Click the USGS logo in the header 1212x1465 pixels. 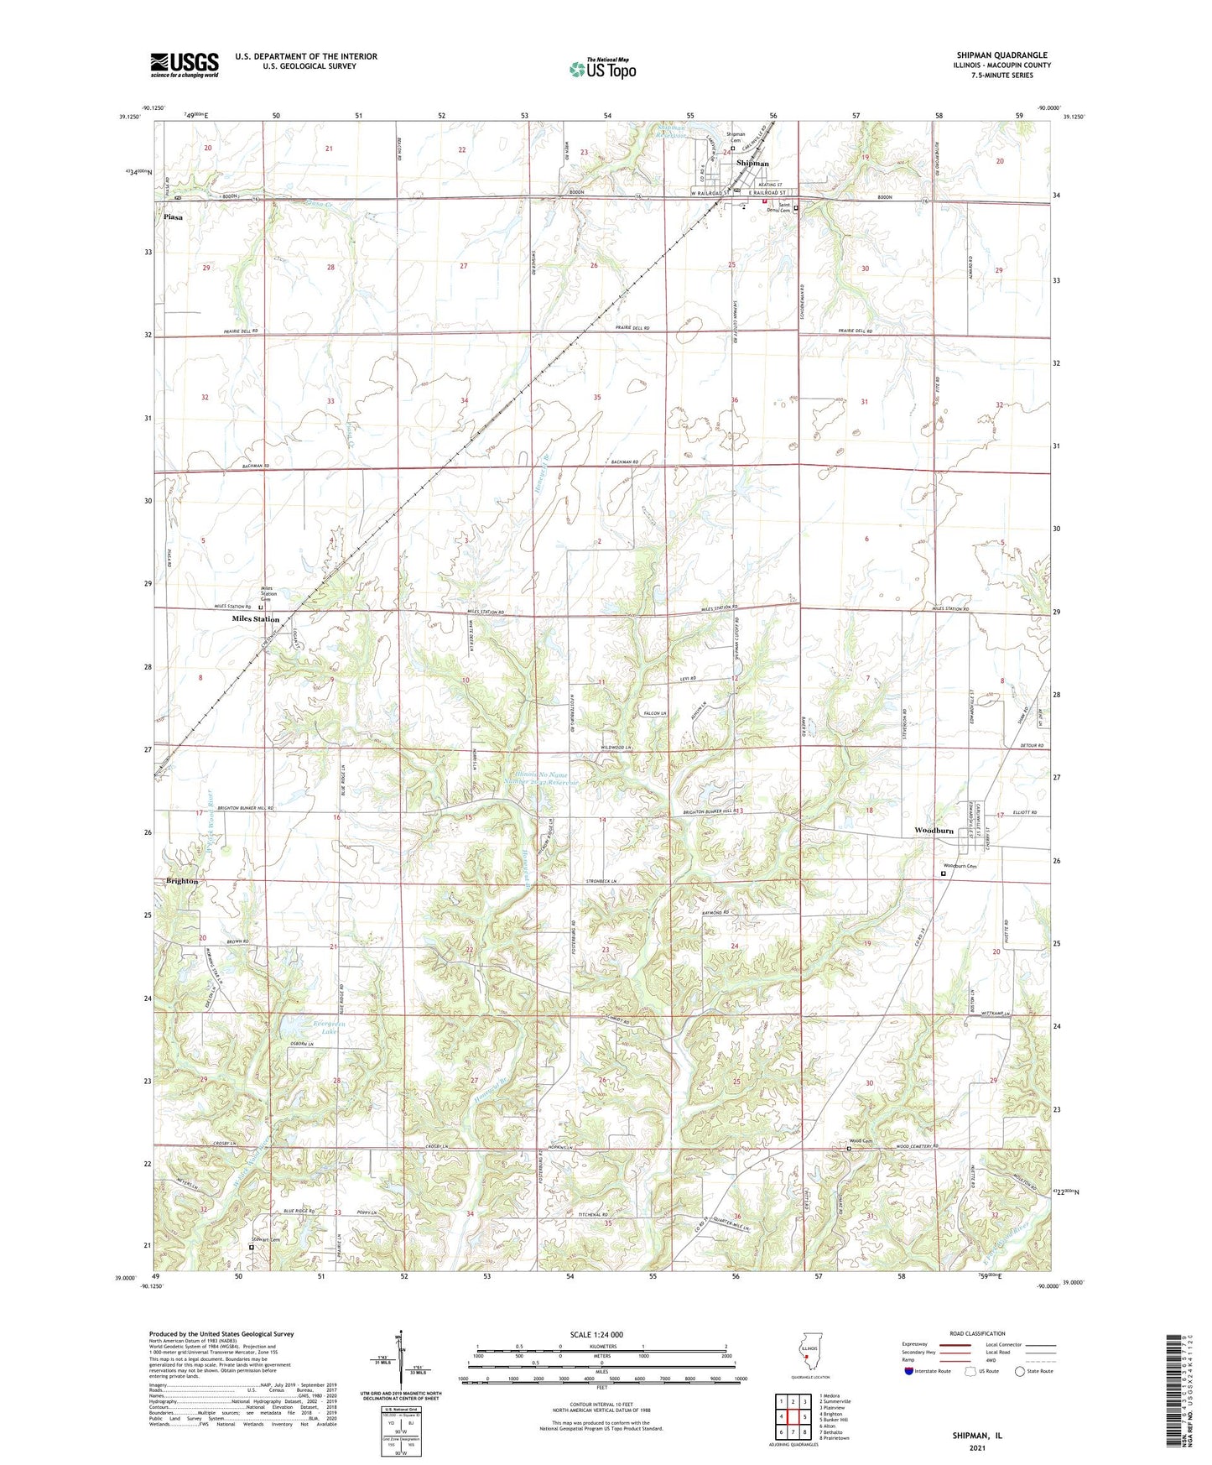pyautogui.click(x=184, y=65)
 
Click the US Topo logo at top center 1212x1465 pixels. pyautogui.click(x=602, y=69)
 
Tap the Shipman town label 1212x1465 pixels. pyautogui.click(x=752, y=164)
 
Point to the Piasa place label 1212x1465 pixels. pyautogui.click(x=173, y=217)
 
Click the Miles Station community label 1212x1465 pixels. pyautogui.click(x=255, y=619)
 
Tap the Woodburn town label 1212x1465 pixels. pyautogui.click(x=934, y=831)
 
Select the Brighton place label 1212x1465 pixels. pyautogui.click(x=182, y=881)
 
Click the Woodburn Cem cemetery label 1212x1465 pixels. pyautogui.click(x=960, y=867)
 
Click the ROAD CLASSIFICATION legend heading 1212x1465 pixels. pyautogui.click(x=976, y=1333)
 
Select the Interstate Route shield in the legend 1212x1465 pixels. pyautogui.click(x=910, y=1371)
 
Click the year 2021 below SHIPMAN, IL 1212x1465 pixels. pyautogui.click(x=976, y=1447)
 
